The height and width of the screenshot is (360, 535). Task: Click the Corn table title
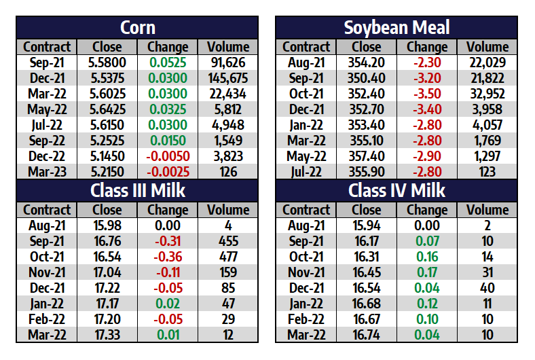pyautogui.click(x=138, y=28)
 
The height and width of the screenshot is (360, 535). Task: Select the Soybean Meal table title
pyautogui.click(x=396, y=28)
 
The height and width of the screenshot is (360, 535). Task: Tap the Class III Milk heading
pyautogui.click(x=138, y=190)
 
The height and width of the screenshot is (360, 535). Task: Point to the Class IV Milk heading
pyautogui.click(x=396, y=190)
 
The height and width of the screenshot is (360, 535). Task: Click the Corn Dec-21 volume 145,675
pyautogui.click(x=228, y=78)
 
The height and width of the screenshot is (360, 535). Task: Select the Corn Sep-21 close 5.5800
pyautogui.click(x=107, y=62)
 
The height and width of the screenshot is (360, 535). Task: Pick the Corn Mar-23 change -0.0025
pyautogui.click(x=167, y=172)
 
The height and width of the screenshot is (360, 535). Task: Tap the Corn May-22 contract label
pyautogui.click(x=46, y=109)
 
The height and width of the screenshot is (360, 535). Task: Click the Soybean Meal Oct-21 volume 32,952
pyautogui.click(x=487, y=94)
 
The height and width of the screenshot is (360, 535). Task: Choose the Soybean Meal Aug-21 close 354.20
pyautogui.click(x=367, y=62)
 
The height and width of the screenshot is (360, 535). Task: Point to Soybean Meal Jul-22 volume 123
pyautogui.click(x=487, y=172)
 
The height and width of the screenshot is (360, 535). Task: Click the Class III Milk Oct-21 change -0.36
pyautogui.click(x=167, y=256)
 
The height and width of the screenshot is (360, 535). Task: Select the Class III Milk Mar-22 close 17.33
pyautogui.click(x=107, y=334)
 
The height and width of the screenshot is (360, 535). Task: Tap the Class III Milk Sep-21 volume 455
pyautogui.click(x=228, y=240)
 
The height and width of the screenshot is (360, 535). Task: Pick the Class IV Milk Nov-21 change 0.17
pyautogui.click(x=426, y=272)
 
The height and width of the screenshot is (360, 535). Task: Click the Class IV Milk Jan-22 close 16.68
pyautogui.click(x=367, y=303)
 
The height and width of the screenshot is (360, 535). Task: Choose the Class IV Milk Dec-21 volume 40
pyautogui.click(x=487, y=287)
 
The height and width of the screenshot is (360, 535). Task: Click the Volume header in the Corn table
pyautogui.click(x=228, y=47)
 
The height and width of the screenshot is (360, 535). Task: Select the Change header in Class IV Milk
pyautogui.click(x=426, y=210)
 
